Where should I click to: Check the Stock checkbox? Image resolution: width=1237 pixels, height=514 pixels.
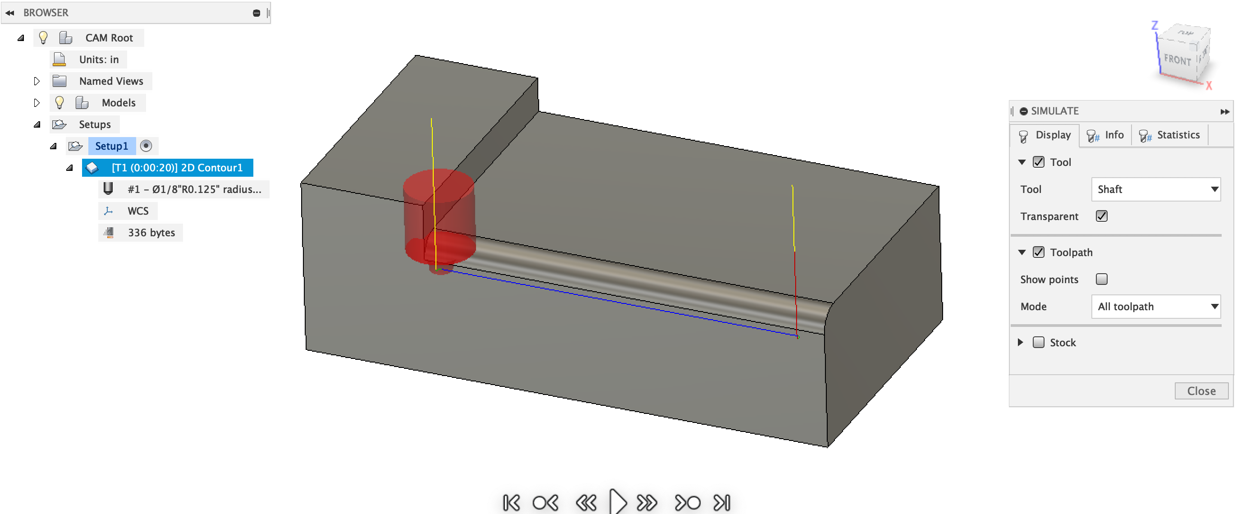click(x=1038, y=342)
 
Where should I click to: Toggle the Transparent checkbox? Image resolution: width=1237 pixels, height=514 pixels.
click(x=1101, y=216)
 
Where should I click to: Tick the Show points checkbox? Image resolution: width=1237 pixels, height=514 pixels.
click(x=1101, y=279)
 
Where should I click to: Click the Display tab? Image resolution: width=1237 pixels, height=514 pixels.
click(x=1045, y=135)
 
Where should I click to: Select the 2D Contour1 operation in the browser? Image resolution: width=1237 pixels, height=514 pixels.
click(x=177, y=168)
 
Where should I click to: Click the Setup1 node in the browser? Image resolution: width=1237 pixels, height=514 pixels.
click(x=111, y=146)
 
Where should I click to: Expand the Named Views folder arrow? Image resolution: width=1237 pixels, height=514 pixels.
click(x=37, y=81)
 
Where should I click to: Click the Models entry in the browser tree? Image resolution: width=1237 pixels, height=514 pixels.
click(x=118, y=103)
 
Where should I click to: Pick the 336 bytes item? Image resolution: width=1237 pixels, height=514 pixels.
click(x=151, y=233)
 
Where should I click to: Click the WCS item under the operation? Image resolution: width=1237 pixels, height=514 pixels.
click(x=137, y=211)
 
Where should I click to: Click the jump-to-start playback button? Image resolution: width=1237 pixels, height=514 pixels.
click(x=511, y=502)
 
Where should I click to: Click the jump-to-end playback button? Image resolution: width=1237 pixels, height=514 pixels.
click(x=722, y=502)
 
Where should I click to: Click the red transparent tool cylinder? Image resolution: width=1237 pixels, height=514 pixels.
click(x=440, y=211)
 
